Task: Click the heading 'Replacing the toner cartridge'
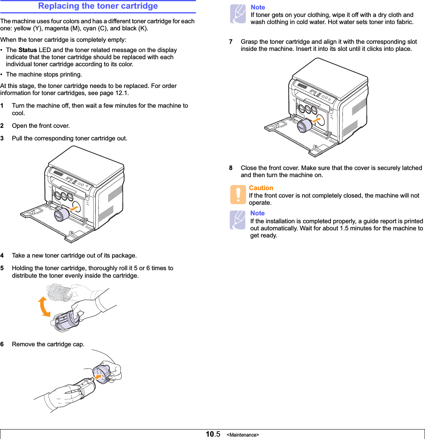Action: [x=98, y=6]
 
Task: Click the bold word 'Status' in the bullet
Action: [x=28, y=50]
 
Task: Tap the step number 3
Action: [x=2, y=138]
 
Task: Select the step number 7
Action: [x=231, y=42]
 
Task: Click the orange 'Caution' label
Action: [x=261, y=188]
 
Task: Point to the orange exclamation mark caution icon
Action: [x=238, y=195]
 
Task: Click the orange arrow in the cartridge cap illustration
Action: [x=101, y=377]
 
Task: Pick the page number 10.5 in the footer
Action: [x=213, y=434]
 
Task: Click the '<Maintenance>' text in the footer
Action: [x=243, y=435]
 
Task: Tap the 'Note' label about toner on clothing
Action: [x=258, y=7]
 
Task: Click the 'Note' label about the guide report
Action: [x=258, y=213]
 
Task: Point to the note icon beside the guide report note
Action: [x=238, y=220]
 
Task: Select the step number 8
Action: [x=231, y=168]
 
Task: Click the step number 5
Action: [x=2, y=268]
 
